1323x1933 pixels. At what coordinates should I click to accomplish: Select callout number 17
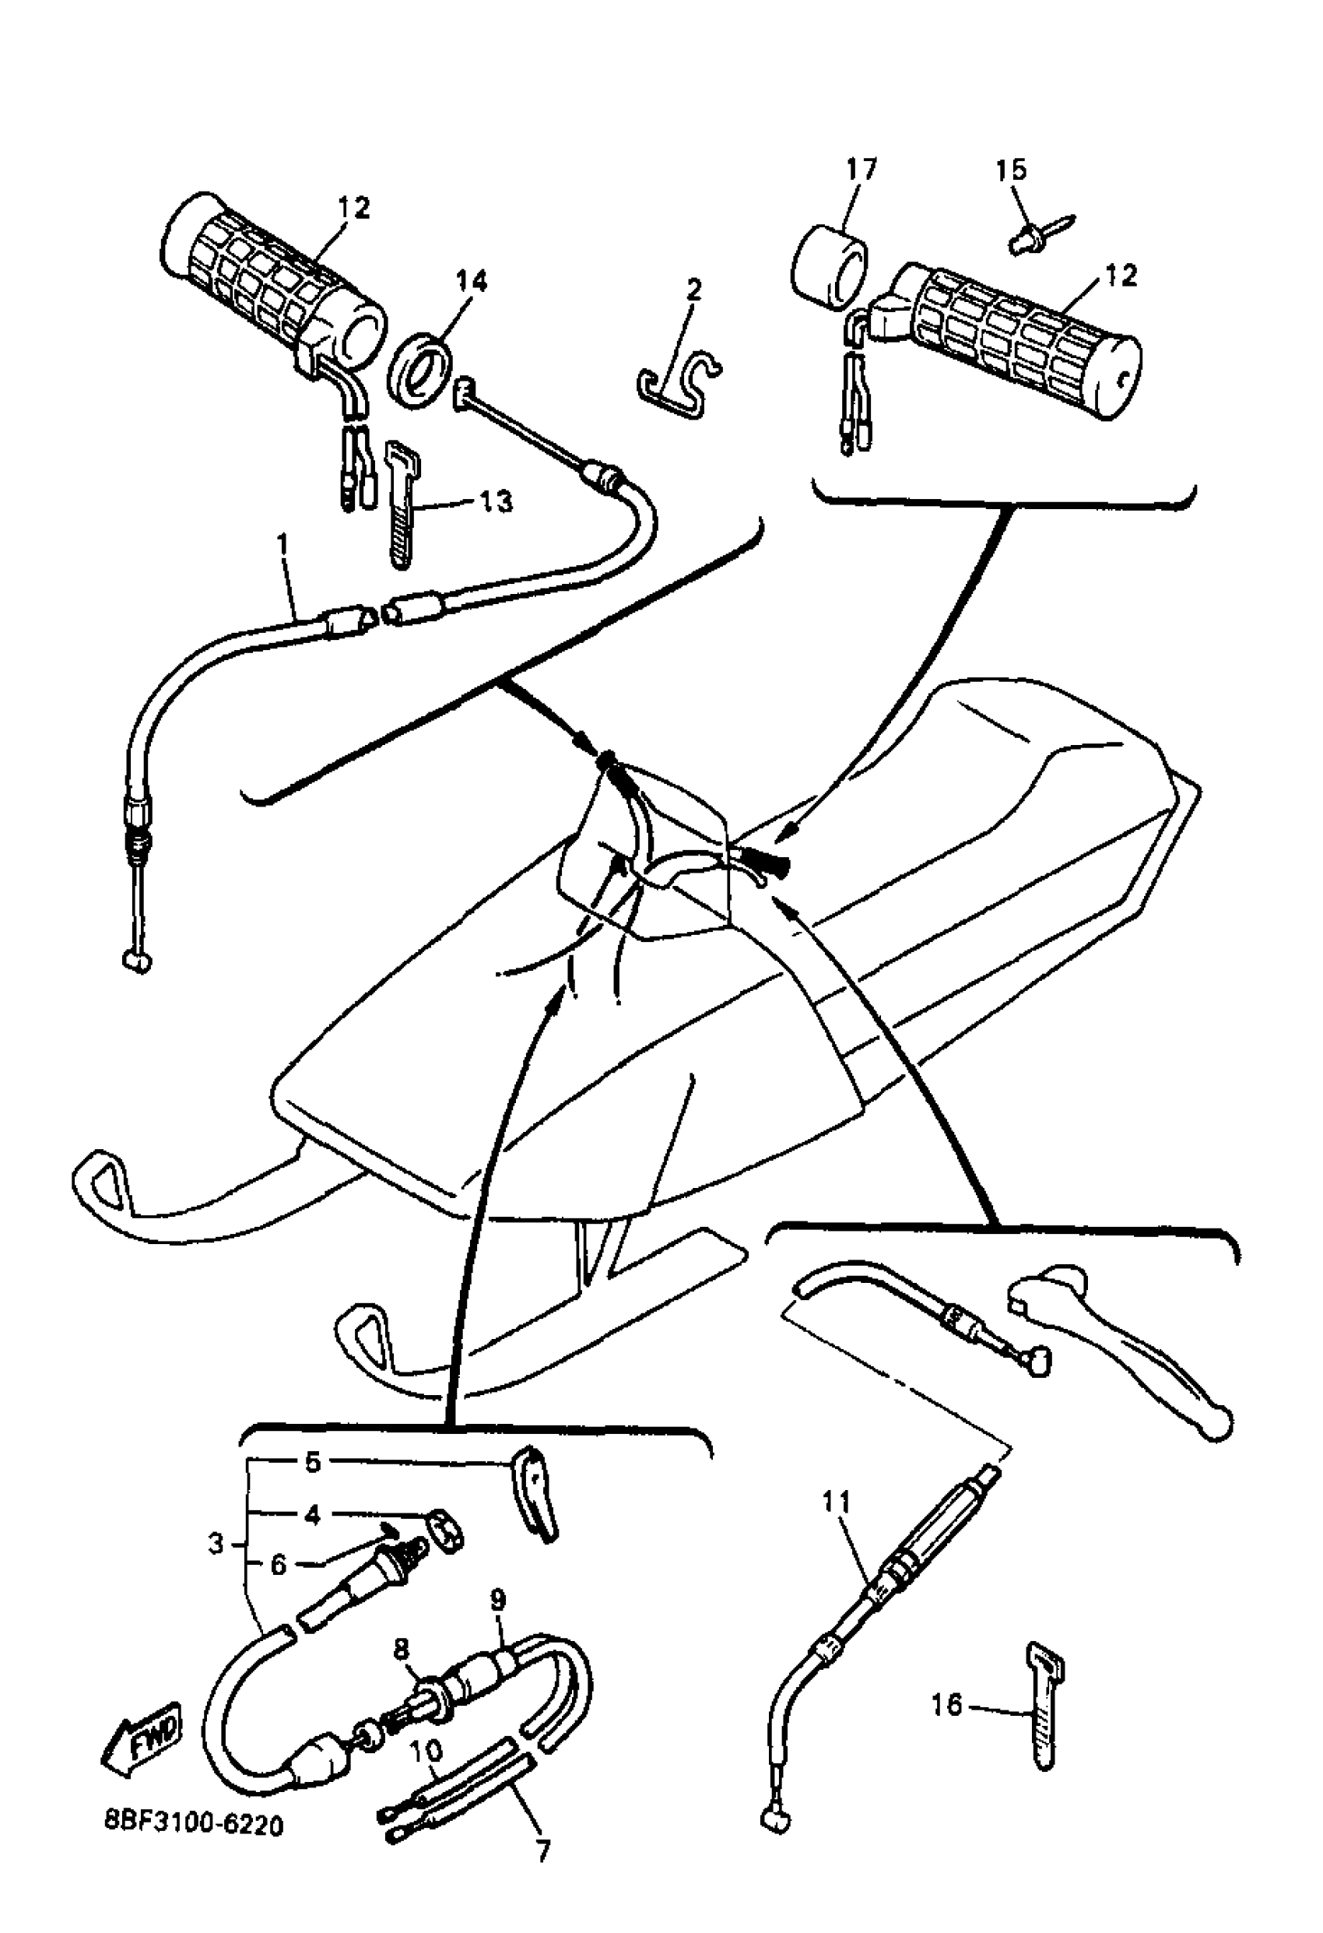tap(861, 170)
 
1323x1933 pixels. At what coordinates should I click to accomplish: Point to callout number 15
tap(1011, 170)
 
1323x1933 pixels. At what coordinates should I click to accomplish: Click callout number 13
tap(496, 501)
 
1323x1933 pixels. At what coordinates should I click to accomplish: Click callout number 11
tap(837, 1502)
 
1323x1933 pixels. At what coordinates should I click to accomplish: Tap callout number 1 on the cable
tap(282, 545)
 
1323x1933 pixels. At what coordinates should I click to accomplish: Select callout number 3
tap(216, 1545)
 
